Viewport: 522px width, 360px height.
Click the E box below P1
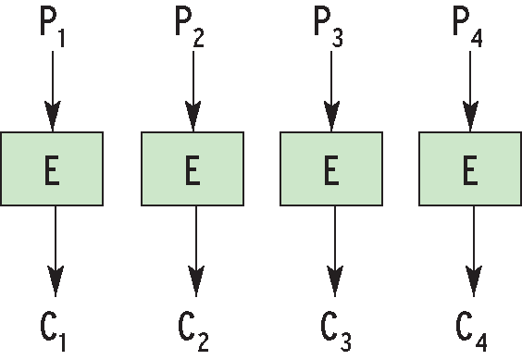coord(53,168)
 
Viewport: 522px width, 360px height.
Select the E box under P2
coord(193,168)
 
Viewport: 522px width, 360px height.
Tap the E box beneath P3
coord(331,168)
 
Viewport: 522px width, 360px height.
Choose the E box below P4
coord(471,168)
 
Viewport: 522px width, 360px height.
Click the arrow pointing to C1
coord(56,250)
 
